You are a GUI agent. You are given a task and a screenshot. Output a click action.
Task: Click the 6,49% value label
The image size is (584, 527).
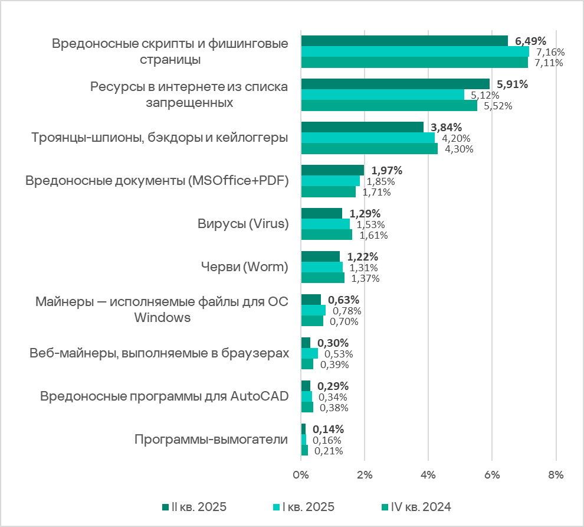(x=530, y=41)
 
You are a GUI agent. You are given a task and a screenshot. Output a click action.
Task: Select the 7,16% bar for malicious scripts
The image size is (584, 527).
(x=415, y=52)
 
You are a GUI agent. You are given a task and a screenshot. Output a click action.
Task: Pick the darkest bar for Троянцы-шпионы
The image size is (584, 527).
(x=362, y=127)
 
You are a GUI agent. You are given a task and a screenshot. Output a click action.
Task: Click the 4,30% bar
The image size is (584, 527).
(x=369, y=149)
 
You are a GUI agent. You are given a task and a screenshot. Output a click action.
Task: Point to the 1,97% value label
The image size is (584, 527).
(x=386, y=171)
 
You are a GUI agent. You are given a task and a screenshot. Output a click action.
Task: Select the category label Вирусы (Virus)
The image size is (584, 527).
(x=242, y=224)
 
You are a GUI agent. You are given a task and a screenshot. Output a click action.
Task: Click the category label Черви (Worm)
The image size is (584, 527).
(x=245, y=267)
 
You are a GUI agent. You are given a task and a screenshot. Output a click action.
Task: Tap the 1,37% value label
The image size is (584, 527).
(x=365, y=278)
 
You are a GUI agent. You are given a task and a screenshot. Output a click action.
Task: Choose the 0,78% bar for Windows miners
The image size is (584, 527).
(x=313, y=310)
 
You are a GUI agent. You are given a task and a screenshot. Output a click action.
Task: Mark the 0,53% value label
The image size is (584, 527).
(x=338, y=354)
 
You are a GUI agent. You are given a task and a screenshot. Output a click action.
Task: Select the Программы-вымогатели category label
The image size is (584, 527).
(x=211, y=440)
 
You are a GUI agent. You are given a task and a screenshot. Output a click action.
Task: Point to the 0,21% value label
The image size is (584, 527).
(x=328, y=451)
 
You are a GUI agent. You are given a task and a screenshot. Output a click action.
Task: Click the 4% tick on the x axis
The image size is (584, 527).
(x=428, y=474)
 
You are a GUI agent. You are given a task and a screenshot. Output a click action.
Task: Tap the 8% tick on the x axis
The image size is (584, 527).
(x=556, y=474)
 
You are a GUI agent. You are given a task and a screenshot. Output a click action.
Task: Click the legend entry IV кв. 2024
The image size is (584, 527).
(x=420, y=507)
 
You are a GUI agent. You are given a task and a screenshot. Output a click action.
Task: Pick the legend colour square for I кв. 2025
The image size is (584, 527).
(x=275, y=508)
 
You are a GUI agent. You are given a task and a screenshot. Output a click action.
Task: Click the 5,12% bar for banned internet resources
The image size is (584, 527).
(x=382, y=95)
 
